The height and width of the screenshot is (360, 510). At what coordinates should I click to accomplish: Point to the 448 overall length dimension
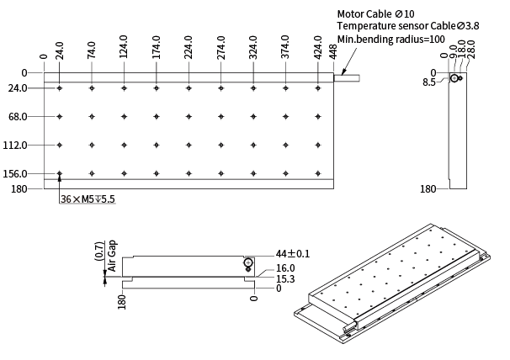point(334,52)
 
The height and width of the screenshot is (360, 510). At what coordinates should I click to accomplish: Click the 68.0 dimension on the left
point(17,116)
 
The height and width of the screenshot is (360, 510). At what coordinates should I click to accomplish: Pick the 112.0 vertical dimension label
point(15,145)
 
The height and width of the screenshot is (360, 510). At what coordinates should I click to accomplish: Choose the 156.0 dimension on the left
point(15,173)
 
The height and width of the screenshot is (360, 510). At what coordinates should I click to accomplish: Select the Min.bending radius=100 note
point(391,39)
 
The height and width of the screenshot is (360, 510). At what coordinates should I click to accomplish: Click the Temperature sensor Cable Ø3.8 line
point(408,26)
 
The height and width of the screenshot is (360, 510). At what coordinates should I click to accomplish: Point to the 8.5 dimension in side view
point(429,82)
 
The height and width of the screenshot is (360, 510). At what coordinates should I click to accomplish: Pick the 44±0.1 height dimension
point(293,253)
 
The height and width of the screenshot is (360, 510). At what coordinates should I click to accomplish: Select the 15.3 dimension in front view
point(285,278)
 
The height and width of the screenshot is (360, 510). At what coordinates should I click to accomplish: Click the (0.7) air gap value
point(100,251)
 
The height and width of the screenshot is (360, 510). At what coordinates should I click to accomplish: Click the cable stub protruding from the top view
point(347,78)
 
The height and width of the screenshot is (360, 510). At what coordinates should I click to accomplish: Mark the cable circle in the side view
point(454,78)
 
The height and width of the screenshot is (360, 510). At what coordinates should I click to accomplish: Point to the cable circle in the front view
point(248,262)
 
